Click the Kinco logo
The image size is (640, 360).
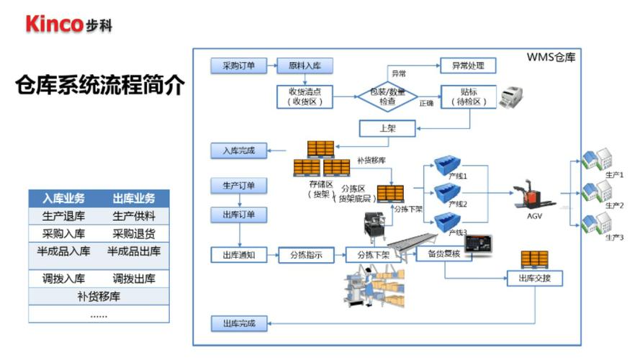point(68,23)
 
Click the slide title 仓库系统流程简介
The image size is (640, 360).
point(100,86)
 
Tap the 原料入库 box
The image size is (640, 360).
point(299,66)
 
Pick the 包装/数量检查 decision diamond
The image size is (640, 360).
point(387,96)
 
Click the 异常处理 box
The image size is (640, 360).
point(468,66)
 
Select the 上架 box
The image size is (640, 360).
point(387,128)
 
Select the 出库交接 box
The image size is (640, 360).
point(534,277)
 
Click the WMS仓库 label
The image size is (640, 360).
point(551,56)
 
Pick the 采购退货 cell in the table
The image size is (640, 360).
point(134,233)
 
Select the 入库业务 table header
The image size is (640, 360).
point(63,198)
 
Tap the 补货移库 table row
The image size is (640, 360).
point(99,296)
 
